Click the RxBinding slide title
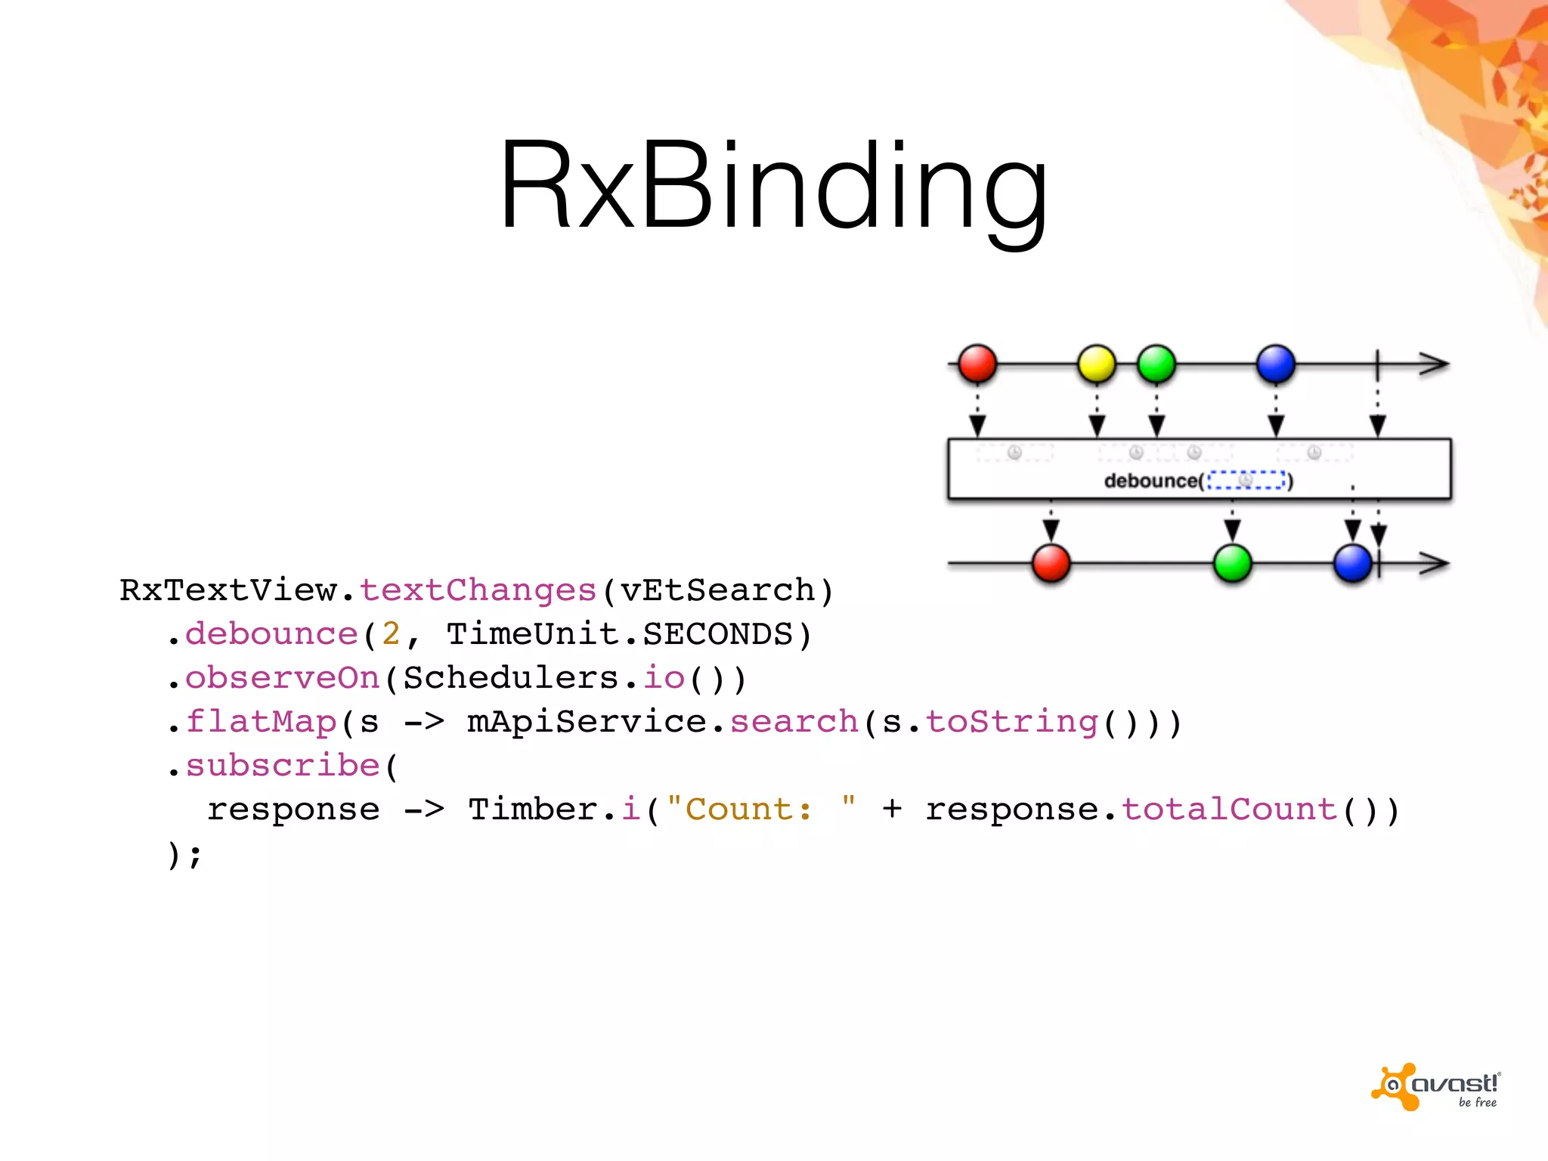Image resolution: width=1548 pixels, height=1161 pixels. tap(773, 185)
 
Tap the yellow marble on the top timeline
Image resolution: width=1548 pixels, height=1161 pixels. tap(1096, 364)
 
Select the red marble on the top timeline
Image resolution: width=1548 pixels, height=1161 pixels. tap(977, 364)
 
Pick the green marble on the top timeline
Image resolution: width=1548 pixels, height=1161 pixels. tap(1156, 364)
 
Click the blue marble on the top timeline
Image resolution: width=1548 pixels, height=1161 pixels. tap(1276, 364)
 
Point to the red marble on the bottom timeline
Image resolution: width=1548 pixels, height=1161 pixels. tap(1051, 564)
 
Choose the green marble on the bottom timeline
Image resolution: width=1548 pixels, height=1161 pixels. tap(1232, 564)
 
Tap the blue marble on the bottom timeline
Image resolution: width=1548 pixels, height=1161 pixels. tap(1352, 564)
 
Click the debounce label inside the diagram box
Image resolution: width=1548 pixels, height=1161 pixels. tap(1151, 481)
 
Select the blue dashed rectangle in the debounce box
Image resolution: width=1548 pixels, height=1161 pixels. tap(1246, 480)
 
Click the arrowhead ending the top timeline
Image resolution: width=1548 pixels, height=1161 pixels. tap(1434, 364)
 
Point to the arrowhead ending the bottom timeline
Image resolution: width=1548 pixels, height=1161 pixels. tap(1434, 564)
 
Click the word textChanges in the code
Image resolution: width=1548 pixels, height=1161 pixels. tap(478, 590)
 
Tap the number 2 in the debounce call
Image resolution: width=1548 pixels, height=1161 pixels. tap(391, 634)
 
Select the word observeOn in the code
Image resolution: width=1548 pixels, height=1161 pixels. tap(283, 678)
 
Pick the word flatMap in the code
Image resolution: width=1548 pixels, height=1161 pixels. tap(261, 722)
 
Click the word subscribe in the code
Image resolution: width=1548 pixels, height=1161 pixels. tap(283, 766)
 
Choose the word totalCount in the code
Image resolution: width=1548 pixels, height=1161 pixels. tap(1229, 810)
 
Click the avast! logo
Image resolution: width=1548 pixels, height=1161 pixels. tap(1436, 1087)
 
